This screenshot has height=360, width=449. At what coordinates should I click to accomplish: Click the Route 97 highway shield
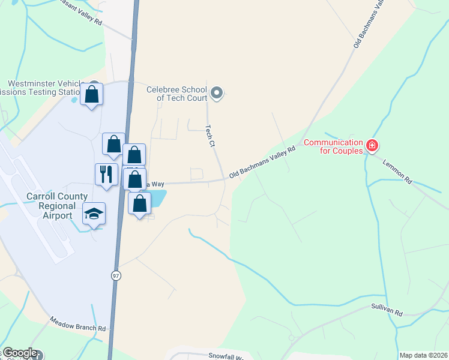115,275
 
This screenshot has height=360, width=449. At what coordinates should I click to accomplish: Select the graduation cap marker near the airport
94,214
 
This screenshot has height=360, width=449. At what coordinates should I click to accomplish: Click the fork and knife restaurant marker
106,175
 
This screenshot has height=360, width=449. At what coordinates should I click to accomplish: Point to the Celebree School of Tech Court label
177,94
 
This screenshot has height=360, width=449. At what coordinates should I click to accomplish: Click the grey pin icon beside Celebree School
217,93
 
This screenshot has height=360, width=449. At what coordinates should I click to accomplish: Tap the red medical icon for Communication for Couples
372,145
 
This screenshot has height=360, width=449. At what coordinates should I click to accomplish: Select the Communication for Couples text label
333,146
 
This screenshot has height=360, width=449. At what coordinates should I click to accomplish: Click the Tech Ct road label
210,136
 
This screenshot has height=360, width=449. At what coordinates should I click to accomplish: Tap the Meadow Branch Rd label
77,324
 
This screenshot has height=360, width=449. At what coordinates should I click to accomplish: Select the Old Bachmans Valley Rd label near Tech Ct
263,163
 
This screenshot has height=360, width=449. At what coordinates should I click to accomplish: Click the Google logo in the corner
20,353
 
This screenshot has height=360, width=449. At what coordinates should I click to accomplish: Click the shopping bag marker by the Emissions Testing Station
92,94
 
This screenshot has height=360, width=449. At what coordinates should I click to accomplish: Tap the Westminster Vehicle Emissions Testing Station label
42,88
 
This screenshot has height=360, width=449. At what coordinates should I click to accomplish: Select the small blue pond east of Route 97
157,197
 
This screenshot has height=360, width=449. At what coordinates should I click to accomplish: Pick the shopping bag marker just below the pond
139,204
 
